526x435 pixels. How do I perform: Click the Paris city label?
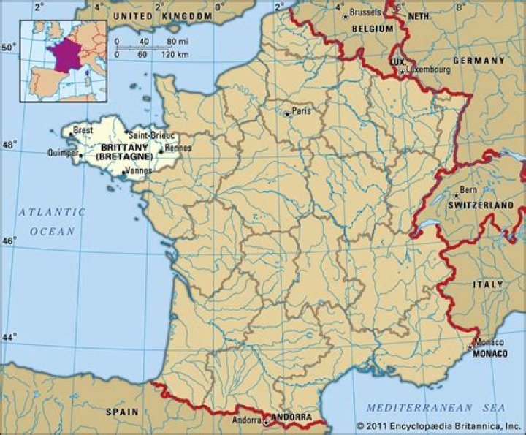301,111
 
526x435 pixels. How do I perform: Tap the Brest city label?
84,129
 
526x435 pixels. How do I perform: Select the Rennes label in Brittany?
178,148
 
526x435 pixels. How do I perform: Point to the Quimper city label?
62,154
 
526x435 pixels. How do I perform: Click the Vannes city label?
138,170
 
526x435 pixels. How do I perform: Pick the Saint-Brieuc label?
151,135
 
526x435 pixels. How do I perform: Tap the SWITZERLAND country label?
480,206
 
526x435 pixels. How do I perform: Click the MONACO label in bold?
490,354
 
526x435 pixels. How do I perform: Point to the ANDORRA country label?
291,417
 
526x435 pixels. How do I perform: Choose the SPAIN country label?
122,412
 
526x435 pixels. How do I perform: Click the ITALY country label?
487,284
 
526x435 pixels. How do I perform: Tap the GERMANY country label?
479,61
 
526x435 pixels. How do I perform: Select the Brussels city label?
365,12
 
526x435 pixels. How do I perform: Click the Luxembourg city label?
430,71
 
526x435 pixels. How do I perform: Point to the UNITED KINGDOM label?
162,15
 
